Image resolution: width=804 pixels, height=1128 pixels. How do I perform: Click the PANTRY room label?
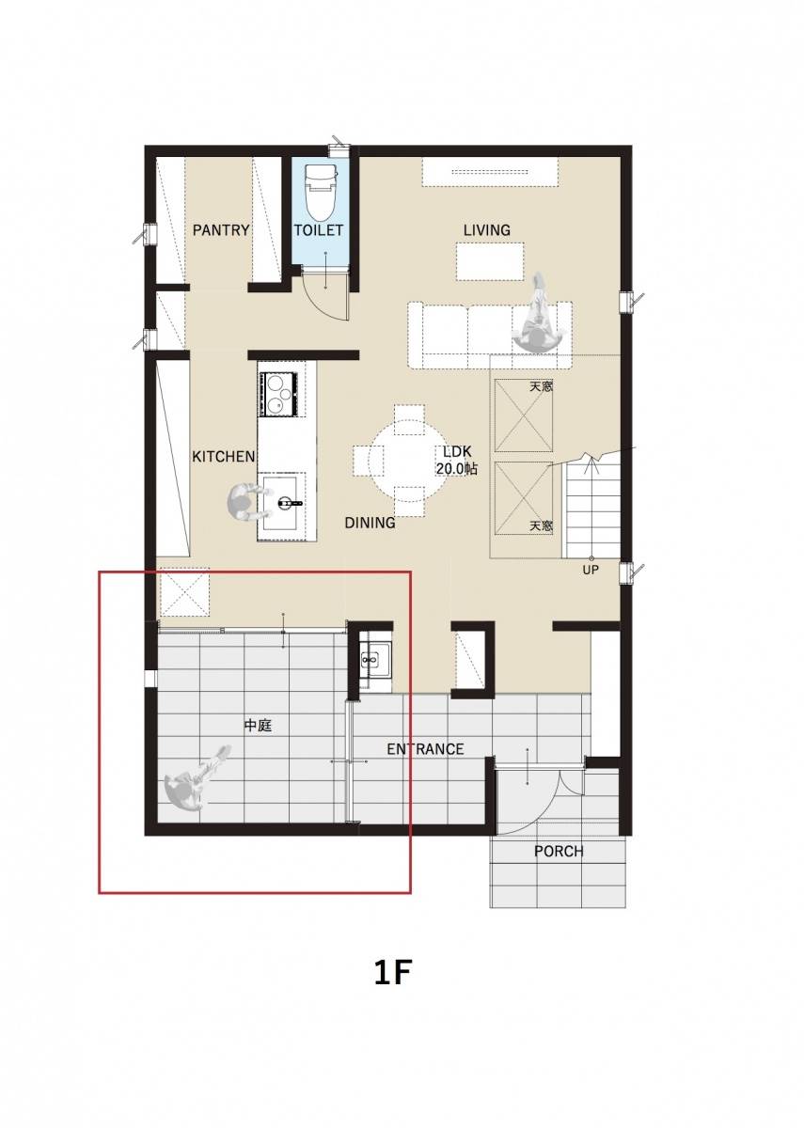coord(221,230)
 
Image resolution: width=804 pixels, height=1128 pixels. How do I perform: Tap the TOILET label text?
coord(319,230)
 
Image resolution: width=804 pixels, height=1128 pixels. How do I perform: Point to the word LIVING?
coord(487,230)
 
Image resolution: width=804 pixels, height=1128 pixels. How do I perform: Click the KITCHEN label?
coord(223,456)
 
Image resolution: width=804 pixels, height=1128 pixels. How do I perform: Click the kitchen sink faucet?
coord(290,502)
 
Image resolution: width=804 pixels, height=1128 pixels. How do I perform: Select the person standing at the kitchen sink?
coord(246,502)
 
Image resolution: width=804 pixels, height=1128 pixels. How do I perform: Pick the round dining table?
coord(408,461)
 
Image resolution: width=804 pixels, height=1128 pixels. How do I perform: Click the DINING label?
coord(370,523)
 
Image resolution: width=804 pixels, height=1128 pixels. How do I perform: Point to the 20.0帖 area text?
coord(457,469)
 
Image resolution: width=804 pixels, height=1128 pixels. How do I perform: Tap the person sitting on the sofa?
coord(539,316)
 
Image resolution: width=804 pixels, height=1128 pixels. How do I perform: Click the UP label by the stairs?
coord(591,571)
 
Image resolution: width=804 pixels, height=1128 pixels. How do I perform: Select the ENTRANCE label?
coord(425,749)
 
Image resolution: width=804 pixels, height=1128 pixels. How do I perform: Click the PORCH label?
coord(559,851)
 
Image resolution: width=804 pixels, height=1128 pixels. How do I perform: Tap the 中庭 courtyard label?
coord(258,725)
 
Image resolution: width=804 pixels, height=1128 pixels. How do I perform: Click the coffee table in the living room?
coord(490,261)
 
